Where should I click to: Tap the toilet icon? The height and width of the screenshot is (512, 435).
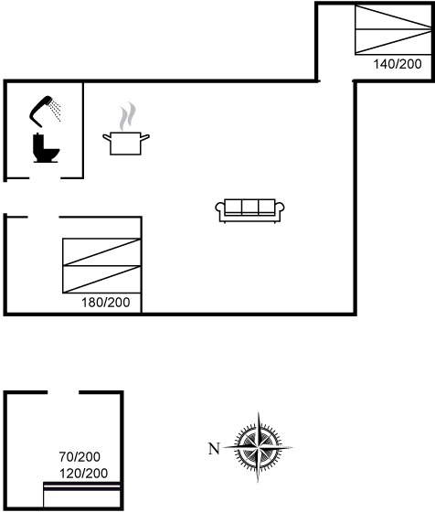tap(46, 147)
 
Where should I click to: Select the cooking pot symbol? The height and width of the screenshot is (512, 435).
tap(126, 143)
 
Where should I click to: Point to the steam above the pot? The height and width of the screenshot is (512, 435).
tap(127, 116)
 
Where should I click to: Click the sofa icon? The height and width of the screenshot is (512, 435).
tap(249, 210)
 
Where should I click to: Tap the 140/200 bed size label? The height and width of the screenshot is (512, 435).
tap(398, 64)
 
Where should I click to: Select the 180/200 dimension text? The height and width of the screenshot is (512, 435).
tap(105, 303)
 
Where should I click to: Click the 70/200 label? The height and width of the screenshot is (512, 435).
tap(80, 457)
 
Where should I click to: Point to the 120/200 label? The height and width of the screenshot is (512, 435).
tap(83, 474)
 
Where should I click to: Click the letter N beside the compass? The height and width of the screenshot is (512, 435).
tap(214, 449)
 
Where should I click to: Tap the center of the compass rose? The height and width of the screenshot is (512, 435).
tap(259, 446)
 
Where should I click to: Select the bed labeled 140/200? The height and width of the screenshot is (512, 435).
tap(393, 29)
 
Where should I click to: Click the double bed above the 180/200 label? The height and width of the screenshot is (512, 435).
tap(101, 266)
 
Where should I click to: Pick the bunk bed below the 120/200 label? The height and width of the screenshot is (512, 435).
tap(82, 495)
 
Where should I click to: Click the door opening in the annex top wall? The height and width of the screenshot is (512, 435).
tap(63, 392)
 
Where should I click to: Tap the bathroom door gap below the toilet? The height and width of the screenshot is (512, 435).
tap(45, 178)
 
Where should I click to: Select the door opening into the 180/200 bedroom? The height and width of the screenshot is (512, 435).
tap(43, 217)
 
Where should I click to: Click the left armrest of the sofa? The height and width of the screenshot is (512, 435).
tap(220, 208)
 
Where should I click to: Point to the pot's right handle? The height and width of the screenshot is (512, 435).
tap(145, 137)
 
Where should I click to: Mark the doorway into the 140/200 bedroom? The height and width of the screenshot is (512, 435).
tap(336, 80)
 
